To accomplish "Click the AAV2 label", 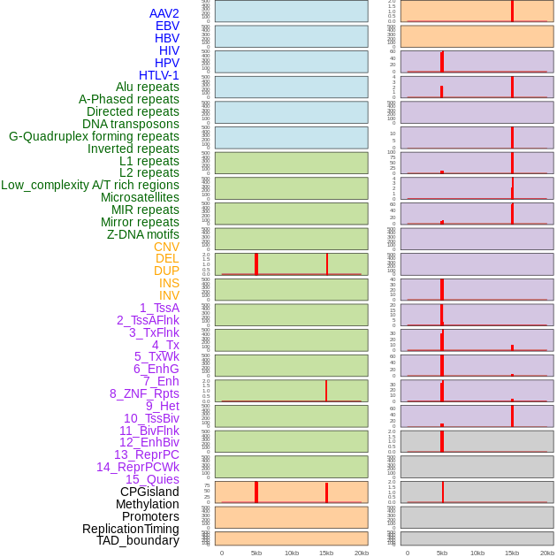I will (x=164, y=13).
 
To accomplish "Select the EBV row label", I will (x=167, y=26).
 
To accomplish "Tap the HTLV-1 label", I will (x=158, y=75).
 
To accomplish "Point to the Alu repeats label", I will (x=147, y=87).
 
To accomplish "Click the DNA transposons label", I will (x=130, y=124).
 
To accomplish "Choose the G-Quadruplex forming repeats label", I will (x=94, y=136).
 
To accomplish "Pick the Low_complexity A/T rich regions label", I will (x=90, y=185).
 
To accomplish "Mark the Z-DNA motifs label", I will (x=142, y=234).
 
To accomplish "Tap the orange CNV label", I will (x=166, y=247).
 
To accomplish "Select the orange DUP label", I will (x=166, y=271).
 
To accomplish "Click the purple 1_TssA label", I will (x=159, y=308).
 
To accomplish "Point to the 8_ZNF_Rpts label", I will (x=144, y=393).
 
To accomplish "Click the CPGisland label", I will (x=149, y=492).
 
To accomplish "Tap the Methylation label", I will (x=147, y=504).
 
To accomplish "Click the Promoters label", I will (x=150, y=516).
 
